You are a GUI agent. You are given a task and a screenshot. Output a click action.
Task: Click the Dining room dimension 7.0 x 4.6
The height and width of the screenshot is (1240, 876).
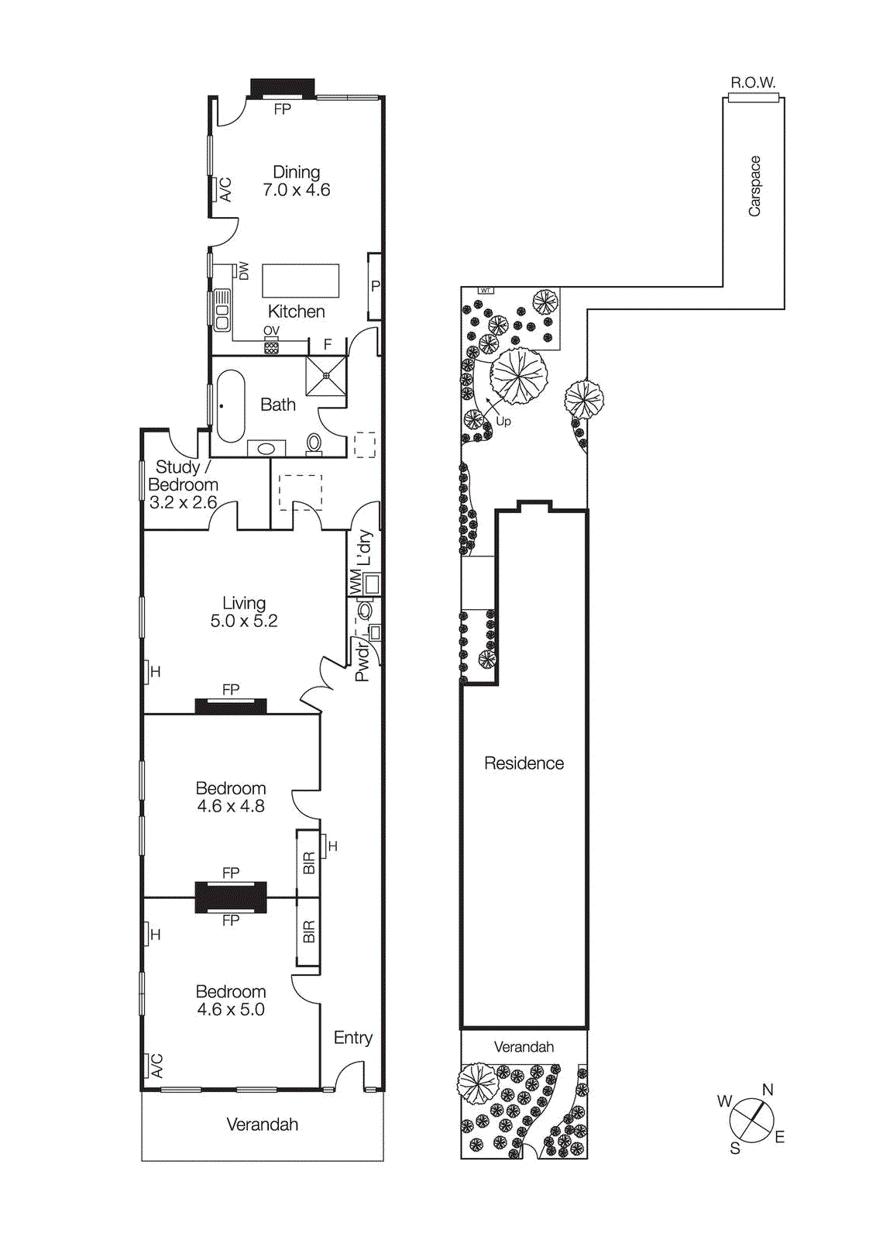click(296, 190)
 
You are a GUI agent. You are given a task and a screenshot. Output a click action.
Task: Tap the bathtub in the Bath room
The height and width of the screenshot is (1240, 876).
click(231, 406)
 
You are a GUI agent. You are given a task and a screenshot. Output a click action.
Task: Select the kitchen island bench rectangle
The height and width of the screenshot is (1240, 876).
click(301, 281)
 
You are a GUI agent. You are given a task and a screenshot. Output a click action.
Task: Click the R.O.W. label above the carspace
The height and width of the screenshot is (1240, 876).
click(753, 82)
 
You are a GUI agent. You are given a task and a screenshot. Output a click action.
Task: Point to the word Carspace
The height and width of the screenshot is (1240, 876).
click(754, 186)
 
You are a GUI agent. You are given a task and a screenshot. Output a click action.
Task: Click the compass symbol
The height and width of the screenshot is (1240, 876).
click(751, 1121)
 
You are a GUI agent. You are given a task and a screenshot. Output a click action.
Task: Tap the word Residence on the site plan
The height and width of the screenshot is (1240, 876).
click(524, 763)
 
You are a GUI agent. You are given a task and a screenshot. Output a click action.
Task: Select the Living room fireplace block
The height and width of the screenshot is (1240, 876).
click(231, 706)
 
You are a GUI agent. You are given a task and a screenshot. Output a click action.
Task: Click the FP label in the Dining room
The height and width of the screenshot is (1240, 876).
click(283, 109)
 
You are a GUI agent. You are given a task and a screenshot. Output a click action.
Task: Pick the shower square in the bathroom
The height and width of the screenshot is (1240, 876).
click(326, 376)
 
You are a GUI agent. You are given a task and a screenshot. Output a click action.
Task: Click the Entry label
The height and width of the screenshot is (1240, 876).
click(352, 1038)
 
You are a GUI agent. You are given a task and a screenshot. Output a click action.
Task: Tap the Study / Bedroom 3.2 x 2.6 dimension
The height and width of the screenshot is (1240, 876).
click(183, 502)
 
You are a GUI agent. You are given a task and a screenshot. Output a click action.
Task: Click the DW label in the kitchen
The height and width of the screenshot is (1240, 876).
click(244, 270)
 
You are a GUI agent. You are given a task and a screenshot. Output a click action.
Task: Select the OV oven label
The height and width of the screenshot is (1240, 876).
click(271, 331)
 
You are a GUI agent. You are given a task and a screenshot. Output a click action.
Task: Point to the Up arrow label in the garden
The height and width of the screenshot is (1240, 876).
click(503, 422)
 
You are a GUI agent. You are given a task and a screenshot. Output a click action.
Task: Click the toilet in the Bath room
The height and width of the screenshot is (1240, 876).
click(314, 443)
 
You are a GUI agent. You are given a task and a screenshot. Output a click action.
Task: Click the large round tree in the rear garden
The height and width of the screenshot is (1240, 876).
click(519, 376)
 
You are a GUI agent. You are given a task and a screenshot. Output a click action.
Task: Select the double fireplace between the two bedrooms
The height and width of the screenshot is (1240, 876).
click(231, 897)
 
